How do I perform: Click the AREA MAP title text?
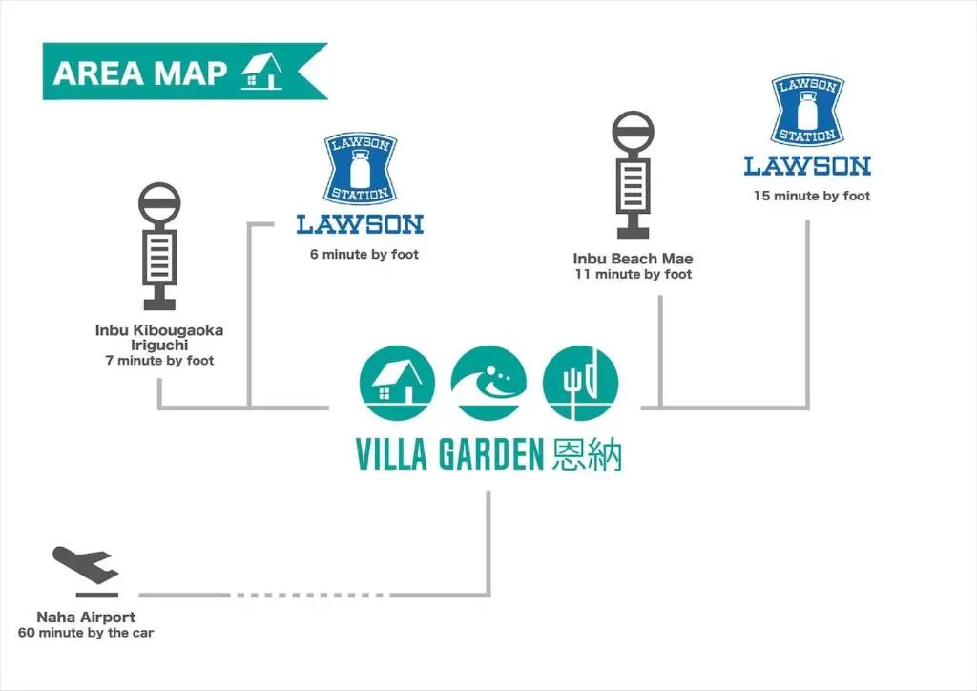[140, 73]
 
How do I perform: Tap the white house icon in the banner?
[261, 72]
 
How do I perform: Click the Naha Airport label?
[86, 618]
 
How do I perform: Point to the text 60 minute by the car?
[86, 633]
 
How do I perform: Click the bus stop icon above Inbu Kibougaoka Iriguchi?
[159, 245]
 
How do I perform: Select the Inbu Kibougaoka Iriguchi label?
[159, 338]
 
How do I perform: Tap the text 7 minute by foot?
[159, 361]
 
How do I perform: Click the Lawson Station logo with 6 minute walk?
[360, 183]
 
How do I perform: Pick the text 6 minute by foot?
[364, 255]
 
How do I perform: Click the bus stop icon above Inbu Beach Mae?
[633, 175]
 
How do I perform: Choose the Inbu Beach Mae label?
[633, 259]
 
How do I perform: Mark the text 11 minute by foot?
[633, 275]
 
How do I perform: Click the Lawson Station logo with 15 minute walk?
[807, 124]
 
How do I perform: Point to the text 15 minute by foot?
[812, 197]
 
